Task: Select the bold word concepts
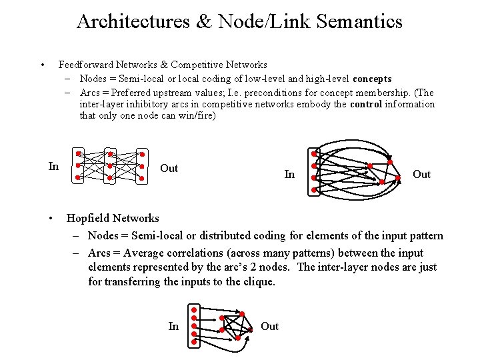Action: [372, 79]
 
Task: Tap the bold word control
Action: [365, 104]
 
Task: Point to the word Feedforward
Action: [86, 65]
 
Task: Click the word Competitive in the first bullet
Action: [197, 65]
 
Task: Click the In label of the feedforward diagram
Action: [54, 166]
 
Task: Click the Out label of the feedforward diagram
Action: [169, 168]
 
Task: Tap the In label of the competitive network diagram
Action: [289, 174]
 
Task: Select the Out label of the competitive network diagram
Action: [421, 174]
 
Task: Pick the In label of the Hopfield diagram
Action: [173, 326]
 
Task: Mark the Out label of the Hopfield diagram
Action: [269, 326]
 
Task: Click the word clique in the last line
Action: [258, 281]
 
